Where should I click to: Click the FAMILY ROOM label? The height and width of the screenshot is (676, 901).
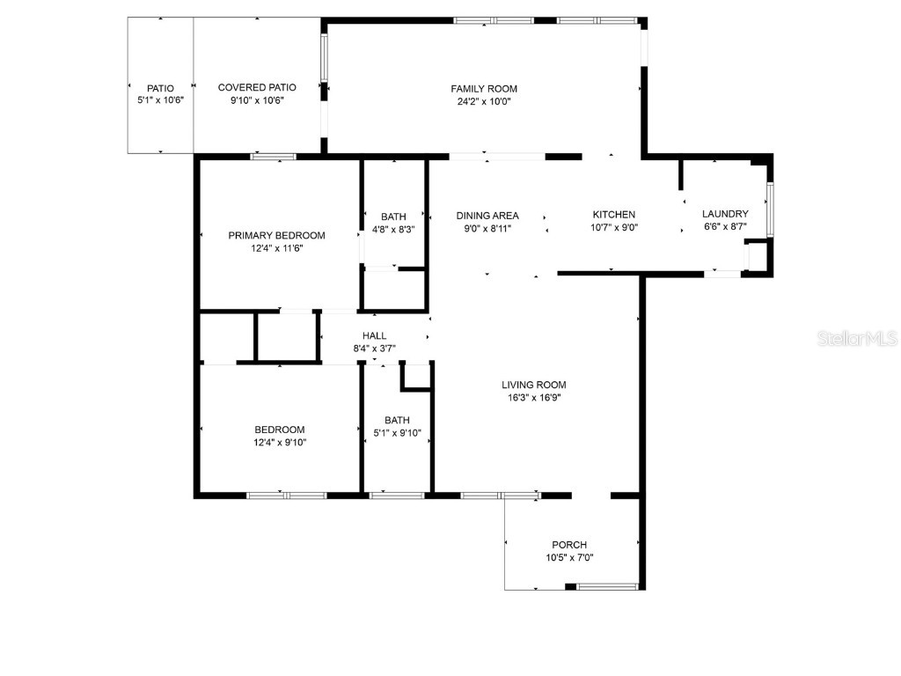click(484, 88)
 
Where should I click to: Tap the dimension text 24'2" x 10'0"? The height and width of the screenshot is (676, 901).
click(484, 101)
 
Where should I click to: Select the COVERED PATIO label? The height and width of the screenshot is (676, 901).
click(257, 87)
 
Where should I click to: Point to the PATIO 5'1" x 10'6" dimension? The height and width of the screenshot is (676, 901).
click(160, 101)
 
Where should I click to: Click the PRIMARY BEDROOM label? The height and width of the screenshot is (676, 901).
click(276, 235)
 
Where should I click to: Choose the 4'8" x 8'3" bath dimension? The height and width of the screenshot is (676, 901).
click(393, 229)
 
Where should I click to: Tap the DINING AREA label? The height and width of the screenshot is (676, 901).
click(487, 216)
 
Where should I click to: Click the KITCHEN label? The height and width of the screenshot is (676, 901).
click(614, 215)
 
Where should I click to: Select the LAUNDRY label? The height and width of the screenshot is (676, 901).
click(725, 214)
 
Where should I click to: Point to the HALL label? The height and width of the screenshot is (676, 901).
click(375, 335)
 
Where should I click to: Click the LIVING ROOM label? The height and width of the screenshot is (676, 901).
click(534, 385)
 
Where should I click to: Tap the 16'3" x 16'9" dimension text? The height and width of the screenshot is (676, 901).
click(534, 397)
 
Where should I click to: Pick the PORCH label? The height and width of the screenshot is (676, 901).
click(569, 545)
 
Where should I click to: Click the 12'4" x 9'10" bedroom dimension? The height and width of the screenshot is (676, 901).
click(281, 442)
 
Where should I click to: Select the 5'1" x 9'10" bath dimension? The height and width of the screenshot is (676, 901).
click(398, 432)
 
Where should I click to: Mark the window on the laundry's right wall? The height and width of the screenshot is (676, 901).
click(770, 209)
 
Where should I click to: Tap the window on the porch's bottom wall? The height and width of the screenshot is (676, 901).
click(607, 586)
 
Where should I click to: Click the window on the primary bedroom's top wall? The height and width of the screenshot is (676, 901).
click(273, 157)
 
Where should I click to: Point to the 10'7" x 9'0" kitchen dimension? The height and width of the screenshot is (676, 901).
click(614, 227)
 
